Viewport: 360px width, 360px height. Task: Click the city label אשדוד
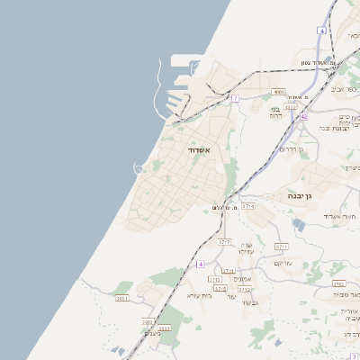tap(199, 150)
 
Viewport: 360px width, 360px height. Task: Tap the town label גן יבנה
tap(300, 194)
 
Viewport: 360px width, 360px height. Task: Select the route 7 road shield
tap(235, 97)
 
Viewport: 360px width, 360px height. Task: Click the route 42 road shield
tap(305, 116)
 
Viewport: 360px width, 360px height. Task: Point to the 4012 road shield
tap(290, 107)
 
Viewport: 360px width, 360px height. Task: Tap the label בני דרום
tap(275, 112)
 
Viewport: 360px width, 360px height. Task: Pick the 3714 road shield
tap(248, 206)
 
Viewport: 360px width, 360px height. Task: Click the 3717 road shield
tap(225, 242)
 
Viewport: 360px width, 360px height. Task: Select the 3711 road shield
tap(281, 246)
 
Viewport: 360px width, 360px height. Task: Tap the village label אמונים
tap(242, 279)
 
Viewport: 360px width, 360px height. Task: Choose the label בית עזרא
tap(199, 295)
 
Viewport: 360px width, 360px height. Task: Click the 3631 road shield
tap(123, 298)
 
